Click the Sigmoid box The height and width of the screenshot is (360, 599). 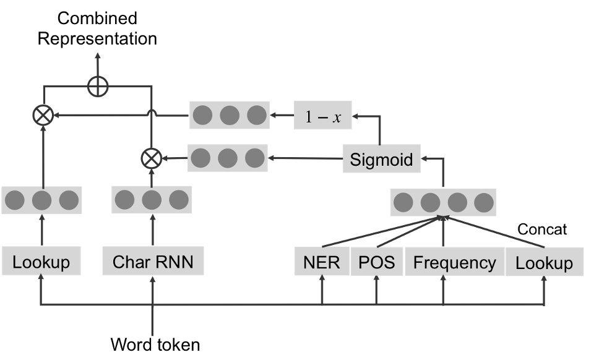(381, 160)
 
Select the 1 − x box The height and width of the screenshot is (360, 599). (322, 116)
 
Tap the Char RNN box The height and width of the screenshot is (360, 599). (153, 262)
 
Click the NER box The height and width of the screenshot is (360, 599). (322, 262)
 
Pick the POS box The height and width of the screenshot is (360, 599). (376, 262)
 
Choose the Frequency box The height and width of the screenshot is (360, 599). (454, 262)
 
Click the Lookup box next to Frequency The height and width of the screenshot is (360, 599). (545, 262)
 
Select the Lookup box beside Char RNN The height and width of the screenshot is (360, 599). (42, 262)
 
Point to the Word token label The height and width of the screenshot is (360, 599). (155, 344)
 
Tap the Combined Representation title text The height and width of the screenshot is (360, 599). (97, 28)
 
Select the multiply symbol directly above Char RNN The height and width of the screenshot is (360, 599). (151, 159)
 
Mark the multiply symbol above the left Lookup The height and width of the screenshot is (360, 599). (42, 115)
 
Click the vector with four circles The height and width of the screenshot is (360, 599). (444, 202)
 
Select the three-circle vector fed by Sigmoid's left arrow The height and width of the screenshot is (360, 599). (226, 158)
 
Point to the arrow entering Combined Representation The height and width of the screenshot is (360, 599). (97, 62)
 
